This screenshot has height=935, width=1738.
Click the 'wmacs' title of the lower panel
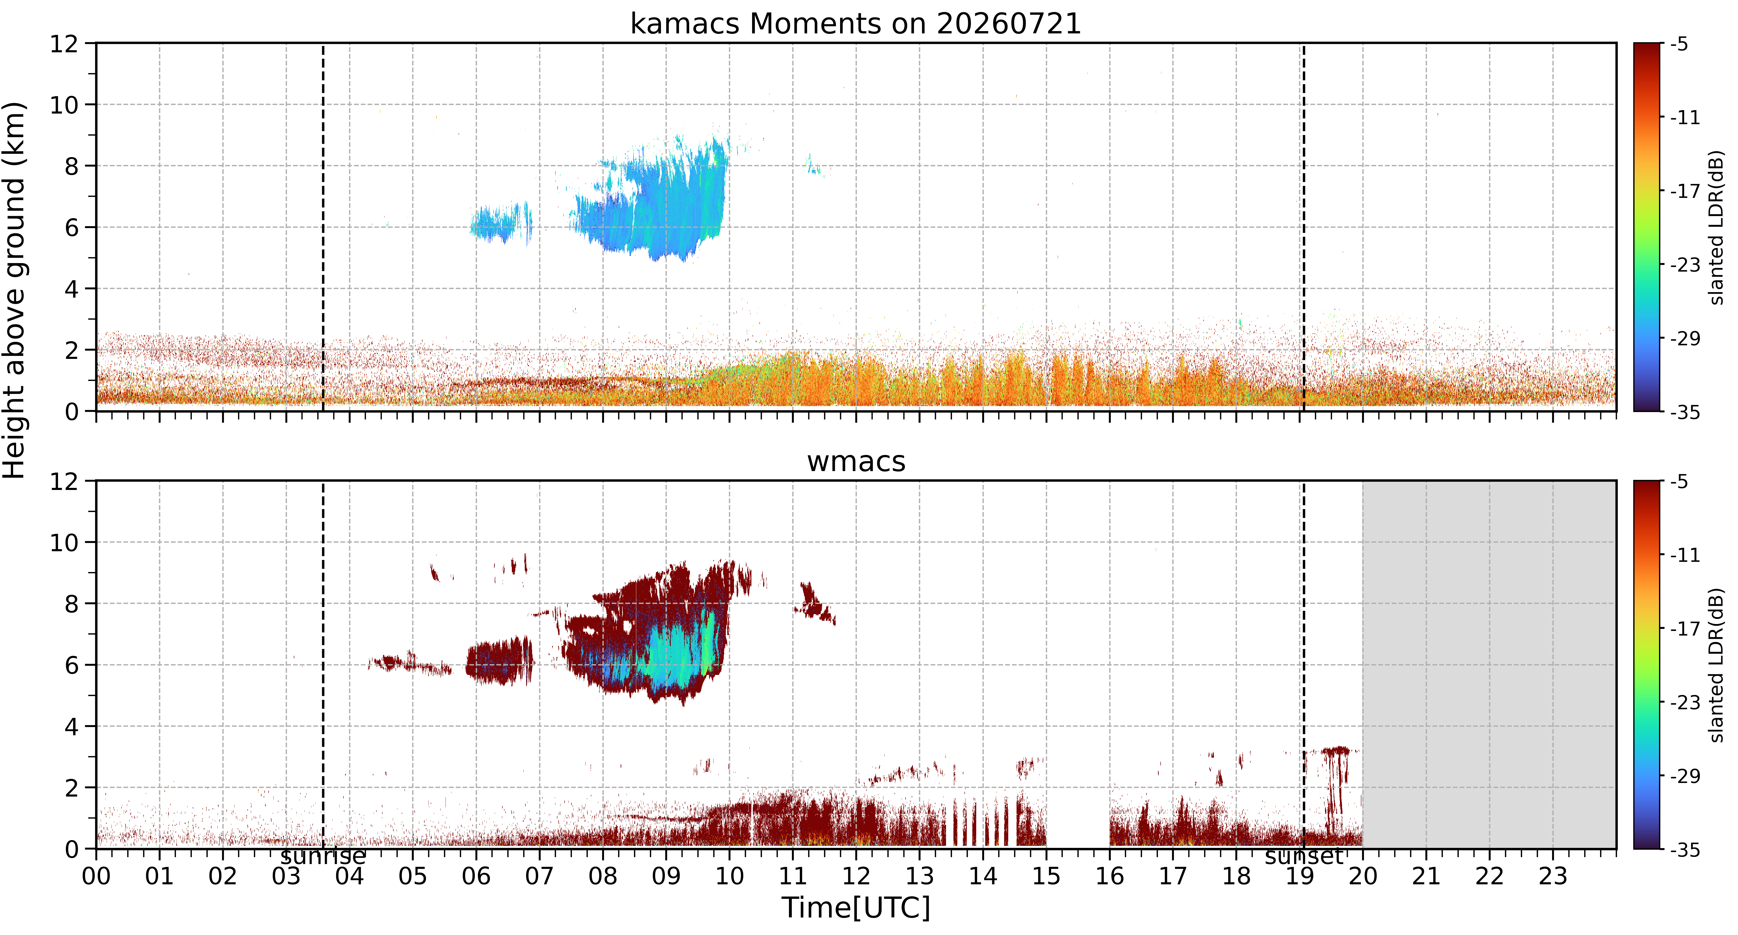click(x=856, y=462)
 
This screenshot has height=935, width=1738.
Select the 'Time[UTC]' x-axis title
click(x=856, y=908)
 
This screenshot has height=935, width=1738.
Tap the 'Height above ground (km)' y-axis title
click(x=15, y=290)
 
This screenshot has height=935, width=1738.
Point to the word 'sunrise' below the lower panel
click(x=323, y=857)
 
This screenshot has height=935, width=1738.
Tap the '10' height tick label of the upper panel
click(x=64, y=105)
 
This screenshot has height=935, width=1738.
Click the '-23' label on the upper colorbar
click(x=1685, y=265)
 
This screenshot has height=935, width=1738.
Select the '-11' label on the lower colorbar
click(x=1685, y=555)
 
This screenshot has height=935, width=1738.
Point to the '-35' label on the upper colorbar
click(x=1685, y=412)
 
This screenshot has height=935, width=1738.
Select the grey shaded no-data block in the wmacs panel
click(x=1489, y=665)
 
